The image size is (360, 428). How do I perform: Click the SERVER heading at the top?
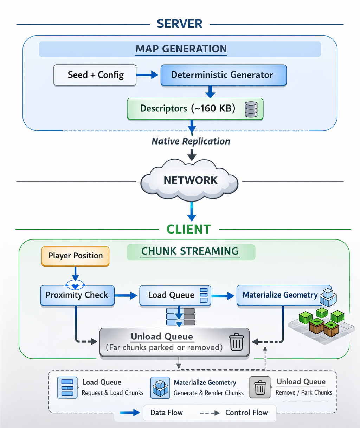180,24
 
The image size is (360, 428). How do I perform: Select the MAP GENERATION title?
181,49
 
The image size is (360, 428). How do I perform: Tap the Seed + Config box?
95,75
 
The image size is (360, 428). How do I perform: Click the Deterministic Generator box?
223,75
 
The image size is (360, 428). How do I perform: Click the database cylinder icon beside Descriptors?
251,109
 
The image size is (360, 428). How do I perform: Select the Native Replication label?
191,141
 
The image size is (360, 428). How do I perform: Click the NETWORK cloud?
190,180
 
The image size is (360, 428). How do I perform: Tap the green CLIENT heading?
188,229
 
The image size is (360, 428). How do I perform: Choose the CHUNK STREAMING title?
190,251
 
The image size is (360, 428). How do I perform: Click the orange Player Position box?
76,256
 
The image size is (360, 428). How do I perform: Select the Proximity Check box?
77,295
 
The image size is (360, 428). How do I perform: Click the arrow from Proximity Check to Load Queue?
126,295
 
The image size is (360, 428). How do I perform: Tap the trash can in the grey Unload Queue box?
236,342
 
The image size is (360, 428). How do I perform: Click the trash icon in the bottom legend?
260,387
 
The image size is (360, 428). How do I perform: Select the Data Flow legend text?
166,413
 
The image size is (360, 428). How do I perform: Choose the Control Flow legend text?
246,413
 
